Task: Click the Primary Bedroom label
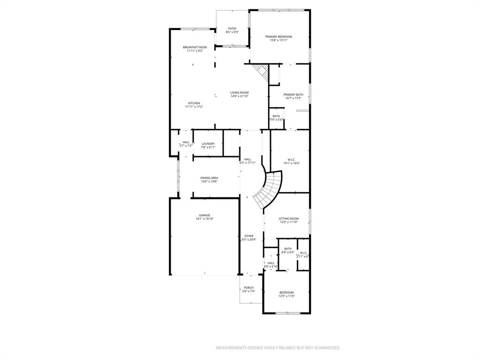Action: coord(278,37)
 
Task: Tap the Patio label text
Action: coord(232,29)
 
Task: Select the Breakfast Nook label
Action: coord(195,47)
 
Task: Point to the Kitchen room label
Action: coord(194,103)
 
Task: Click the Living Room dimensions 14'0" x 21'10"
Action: coord(239,96)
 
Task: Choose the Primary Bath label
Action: coord(293,95)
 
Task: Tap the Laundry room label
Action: coord(208,144)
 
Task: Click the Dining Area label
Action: coord(209,178)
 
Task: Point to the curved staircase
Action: coord(270,190)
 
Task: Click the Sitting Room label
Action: coord(289,219)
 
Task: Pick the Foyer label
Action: coord(248,236)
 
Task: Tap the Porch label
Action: coord(248,288)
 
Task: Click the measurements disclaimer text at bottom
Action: coord(278,348)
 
